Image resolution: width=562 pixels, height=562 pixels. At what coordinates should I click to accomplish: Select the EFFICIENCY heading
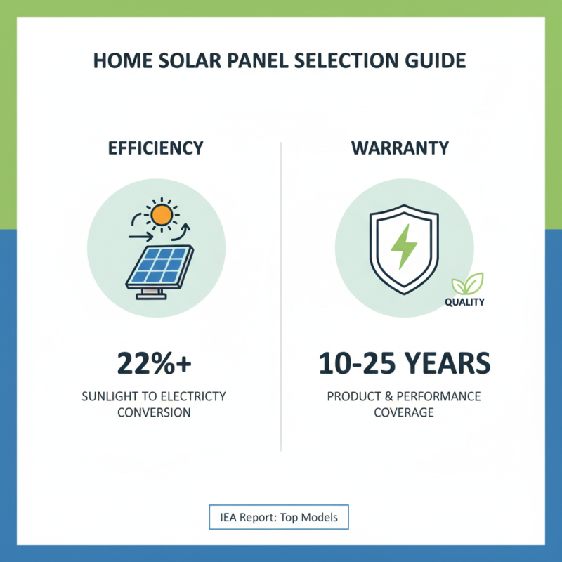pyautogui.click(x=156, y=148)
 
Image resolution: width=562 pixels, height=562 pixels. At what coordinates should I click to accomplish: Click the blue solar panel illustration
pyautogui.click(x=159, y=266)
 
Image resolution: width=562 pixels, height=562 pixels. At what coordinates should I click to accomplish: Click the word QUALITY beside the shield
pyautogui.click(x=464, y=303)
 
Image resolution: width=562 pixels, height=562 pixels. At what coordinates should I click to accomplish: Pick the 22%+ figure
pyautogui.click(x=155, y=365)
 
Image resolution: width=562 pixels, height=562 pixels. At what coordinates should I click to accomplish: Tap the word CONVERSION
pyautogui.click(x=155, y=412)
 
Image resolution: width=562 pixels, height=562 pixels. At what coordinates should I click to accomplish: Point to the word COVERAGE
pyautogui.click(x=404, y=412)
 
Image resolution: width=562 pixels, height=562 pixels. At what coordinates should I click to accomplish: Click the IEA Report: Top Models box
pyautogui.click(x=279, y=518)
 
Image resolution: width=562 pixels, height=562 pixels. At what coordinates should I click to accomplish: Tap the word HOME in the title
pyautogui.click(x=117, y=60)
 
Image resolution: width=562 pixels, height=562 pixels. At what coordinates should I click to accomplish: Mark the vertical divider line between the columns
pyautogui.click(x=280, y=295)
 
